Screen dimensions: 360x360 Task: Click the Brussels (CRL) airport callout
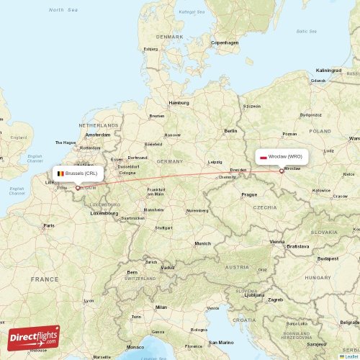78,174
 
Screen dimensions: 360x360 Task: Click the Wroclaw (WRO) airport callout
282,156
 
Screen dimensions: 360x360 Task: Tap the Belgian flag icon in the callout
61,174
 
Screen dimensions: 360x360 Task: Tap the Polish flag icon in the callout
264,156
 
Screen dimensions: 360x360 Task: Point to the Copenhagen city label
225,42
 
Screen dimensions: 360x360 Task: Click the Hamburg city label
179,103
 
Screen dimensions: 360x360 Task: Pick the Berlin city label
230,130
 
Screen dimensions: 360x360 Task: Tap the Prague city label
249,194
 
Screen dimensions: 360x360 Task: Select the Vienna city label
277,242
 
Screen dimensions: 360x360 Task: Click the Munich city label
202,243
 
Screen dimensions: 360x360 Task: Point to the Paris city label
48,225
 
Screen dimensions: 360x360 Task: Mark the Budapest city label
328,258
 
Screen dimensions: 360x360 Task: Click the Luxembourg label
104,213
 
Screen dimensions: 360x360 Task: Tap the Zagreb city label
275,299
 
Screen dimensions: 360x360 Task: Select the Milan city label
161,307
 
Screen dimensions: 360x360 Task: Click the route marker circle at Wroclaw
282,171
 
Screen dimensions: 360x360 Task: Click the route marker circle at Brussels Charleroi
77,188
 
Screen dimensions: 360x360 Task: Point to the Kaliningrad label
328,71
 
